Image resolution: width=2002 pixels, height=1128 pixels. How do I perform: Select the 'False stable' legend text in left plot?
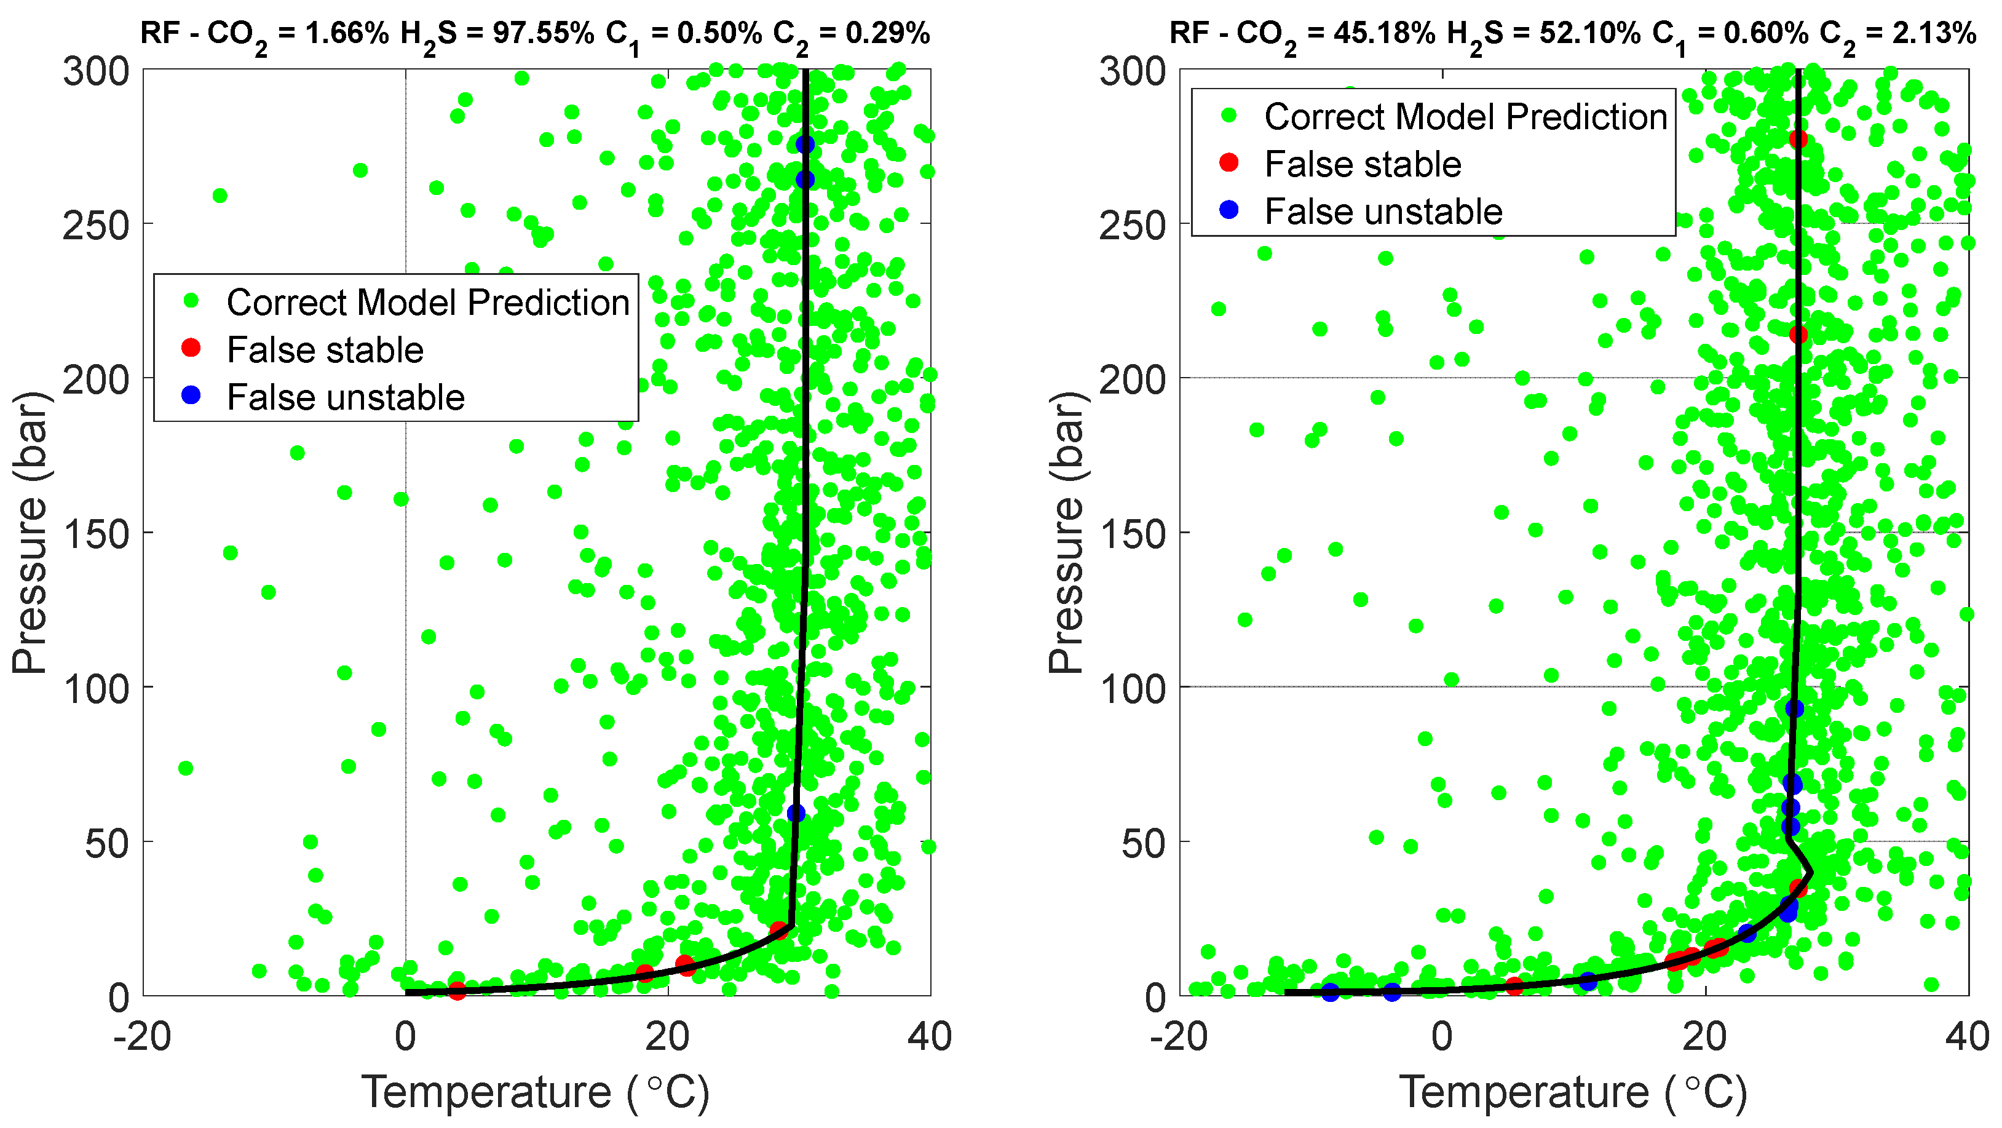point(325,350)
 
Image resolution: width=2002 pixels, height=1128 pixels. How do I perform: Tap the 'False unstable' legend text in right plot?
point(1383,212)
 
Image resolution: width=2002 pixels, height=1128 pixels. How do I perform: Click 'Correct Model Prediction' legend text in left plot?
point(427,303)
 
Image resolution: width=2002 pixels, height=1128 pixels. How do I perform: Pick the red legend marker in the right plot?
point(1228,162)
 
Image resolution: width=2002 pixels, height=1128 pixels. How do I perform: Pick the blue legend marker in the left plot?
point(191,395)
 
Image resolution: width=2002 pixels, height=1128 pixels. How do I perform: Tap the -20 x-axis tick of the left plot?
point(142,1037)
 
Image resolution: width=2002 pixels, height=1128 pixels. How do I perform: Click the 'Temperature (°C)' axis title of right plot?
point(1572,1092)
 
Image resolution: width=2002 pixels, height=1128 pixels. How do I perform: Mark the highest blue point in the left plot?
point(804,145)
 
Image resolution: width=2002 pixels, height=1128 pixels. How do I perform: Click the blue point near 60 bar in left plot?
point(795,813)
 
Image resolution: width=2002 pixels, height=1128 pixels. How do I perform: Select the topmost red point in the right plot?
point(1798,139)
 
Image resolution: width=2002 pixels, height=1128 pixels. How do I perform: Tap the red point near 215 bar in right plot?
point(1798,335)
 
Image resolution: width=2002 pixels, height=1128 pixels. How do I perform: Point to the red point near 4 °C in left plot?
point(457,990)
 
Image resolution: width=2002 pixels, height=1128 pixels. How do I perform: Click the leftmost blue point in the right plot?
point(1331,993)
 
